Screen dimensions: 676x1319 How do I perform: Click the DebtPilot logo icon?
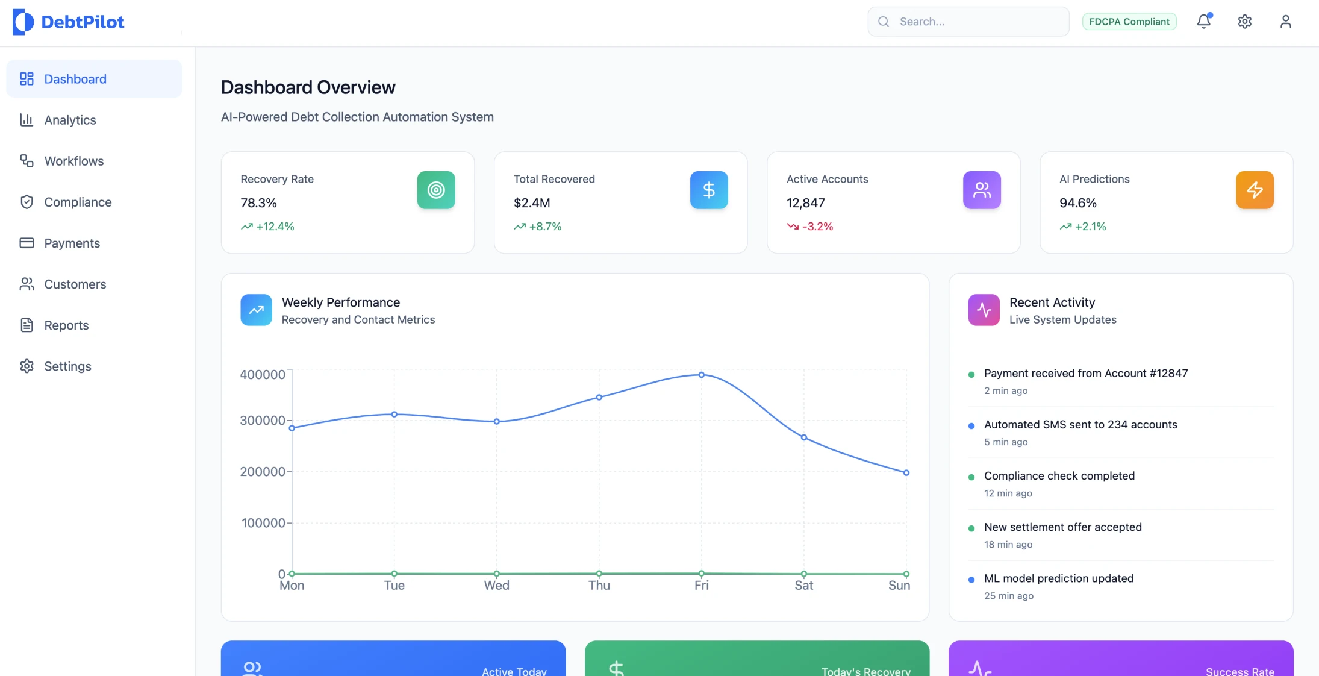(23, 22)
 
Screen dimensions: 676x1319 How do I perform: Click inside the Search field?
(976, 22)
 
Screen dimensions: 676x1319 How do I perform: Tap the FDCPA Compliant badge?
(1129, 22)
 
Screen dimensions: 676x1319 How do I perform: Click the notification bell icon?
(1203, 22)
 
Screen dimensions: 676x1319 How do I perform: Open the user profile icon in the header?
(1285, 22)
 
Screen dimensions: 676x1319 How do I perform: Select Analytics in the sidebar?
(70, 120)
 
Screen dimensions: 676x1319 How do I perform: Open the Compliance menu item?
(78, 202)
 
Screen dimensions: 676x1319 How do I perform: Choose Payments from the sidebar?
(72, 243)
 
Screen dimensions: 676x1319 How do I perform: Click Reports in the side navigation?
(66, 325)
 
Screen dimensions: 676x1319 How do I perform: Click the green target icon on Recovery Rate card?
(436, 190)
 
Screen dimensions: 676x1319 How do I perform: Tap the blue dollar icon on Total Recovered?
(709, 190)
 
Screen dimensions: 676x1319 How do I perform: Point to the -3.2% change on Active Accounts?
(817, 227)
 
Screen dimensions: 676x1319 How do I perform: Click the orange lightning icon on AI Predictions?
(1255, 190)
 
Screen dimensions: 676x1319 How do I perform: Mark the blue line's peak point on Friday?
(701, 375)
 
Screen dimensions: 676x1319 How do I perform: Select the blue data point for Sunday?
(906, 473)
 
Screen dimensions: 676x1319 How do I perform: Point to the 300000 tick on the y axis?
(263, 420)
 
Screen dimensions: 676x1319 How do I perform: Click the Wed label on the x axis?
(496, 585)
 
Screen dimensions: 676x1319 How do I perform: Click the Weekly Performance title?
(341, 302)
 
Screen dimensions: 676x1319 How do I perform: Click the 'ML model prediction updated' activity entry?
(1058, 578)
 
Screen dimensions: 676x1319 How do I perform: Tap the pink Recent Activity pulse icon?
(984, 310)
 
